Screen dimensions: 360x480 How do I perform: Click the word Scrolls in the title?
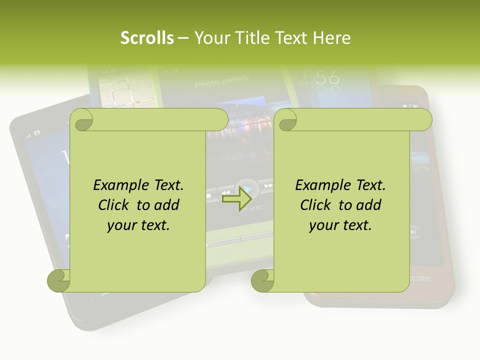[x=147, y=38]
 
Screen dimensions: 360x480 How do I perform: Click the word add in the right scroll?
[x=369, y=205]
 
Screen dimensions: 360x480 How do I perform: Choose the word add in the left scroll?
[x=167, y=205]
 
